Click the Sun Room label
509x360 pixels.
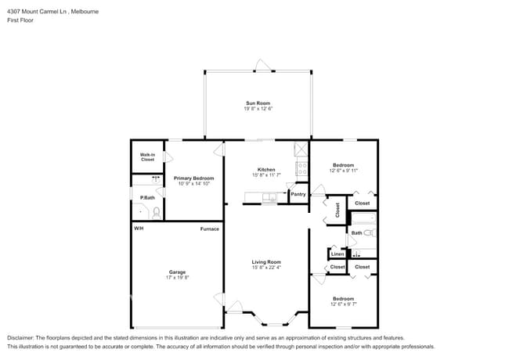pos(258,103)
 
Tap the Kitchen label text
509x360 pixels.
pos(266,170)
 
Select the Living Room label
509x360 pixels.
pos(266,262)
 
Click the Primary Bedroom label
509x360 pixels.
pos(193,178)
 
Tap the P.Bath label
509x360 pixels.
pos(136,197)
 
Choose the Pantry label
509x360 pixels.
pos(298,194)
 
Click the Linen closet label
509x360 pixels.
pos(338,254)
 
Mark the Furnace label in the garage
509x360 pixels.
pos(209,229)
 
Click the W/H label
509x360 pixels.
pos(139,229)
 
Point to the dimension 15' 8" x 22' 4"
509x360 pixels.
pos(266,268)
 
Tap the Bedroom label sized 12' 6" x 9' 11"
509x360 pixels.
pos(343,165)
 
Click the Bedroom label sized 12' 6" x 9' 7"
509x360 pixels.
pos(343,298)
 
